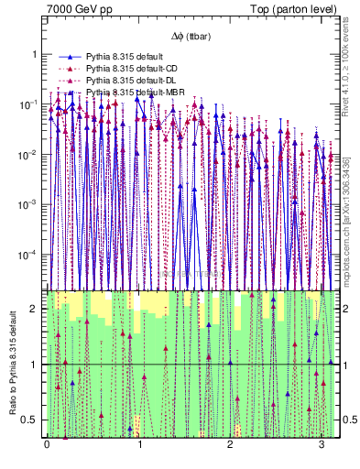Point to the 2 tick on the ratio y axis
click(x=36, y=309)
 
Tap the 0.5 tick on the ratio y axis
click(x=32, y=420)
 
